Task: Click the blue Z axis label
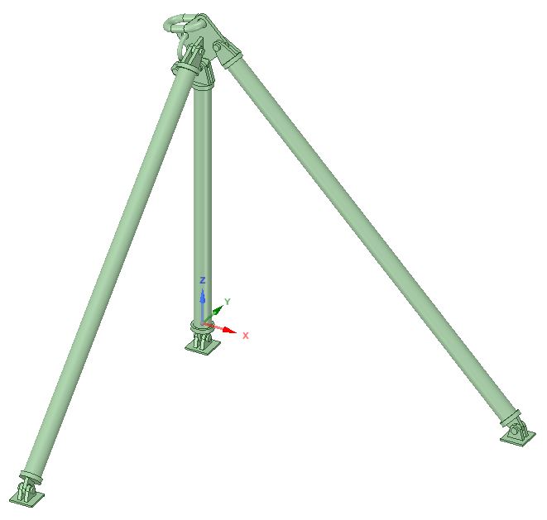coord(203,280)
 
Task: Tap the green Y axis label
coord(228,302)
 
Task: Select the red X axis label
coord(246,336)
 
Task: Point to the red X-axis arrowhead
coord(229,330)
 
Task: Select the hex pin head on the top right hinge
coord(218,46)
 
